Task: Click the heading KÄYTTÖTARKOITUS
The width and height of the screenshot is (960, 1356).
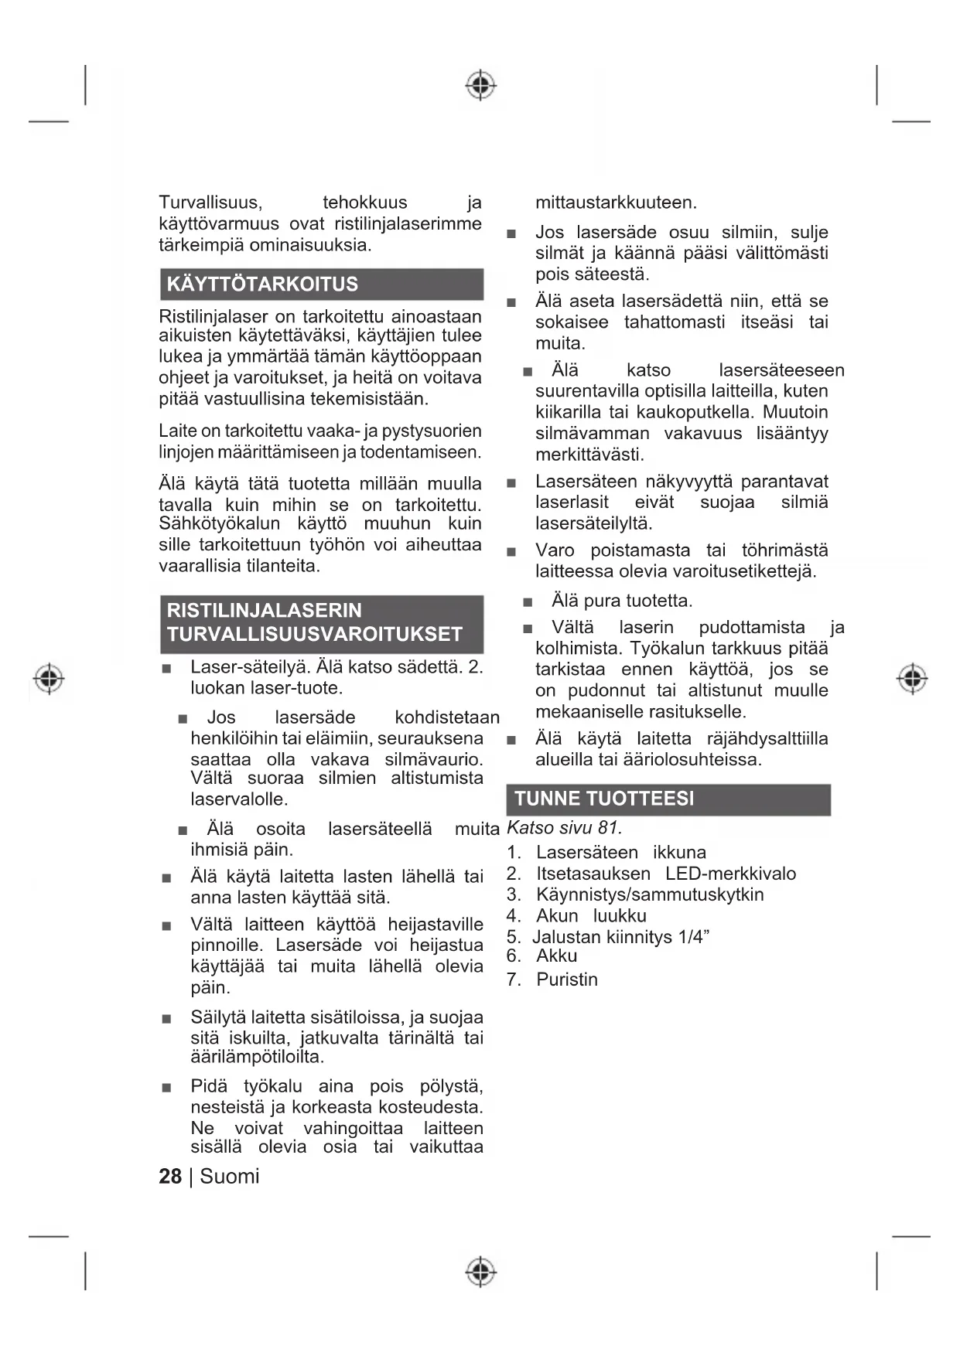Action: point(262,284)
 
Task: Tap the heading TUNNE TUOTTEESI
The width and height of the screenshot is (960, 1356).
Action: point(604,799)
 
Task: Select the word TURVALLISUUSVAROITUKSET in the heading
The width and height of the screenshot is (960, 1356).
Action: point(314,635)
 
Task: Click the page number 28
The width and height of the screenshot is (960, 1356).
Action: point(170,1176)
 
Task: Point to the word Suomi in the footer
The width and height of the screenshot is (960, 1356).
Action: point(230,1176)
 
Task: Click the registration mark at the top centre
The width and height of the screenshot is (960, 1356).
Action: point(480,84)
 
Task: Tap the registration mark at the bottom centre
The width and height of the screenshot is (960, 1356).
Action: point(480,1271)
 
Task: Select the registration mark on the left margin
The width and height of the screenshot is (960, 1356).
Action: point(49,678)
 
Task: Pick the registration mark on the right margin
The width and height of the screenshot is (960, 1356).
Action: point(912,678)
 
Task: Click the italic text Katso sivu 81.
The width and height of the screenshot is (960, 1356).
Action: point(564,828)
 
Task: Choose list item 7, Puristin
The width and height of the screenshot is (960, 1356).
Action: point(567,980)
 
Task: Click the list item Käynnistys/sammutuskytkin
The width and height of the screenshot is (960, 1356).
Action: point(650,894)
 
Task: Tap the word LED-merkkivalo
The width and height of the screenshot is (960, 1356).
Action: point(730,874)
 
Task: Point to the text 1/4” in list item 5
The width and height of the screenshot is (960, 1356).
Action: point(694,937)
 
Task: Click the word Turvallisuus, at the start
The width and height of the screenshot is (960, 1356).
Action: point(210,203)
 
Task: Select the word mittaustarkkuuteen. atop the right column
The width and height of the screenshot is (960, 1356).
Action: point(616,203)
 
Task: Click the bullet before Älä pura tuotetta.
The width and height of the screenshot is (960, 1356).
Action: point(528,601)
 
